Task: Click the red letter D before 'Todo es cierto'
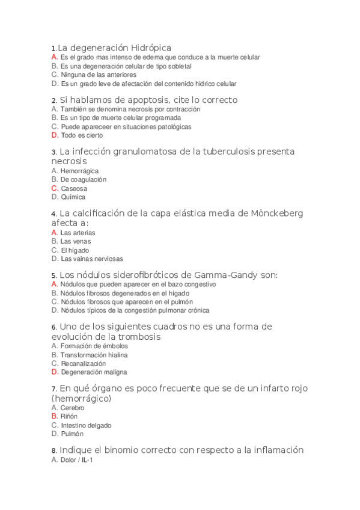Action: coord(55,136)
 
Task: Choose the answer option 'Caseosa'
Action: coord(74,188)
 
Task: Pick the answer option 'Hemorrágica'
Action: coord(80,171)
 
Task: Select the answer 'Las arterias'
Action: coord(78,233)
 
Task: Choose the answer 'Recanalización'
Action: coord(83,364)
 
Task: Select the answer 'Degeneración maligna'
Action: coord(94,372)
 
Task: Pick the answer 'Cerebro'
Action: coord(72,408)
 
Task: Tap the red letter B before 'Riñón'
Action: coord(55,416)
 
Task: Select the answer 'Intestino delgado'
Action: coord(86,425)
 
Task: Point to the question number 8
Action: coord(54,450)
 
